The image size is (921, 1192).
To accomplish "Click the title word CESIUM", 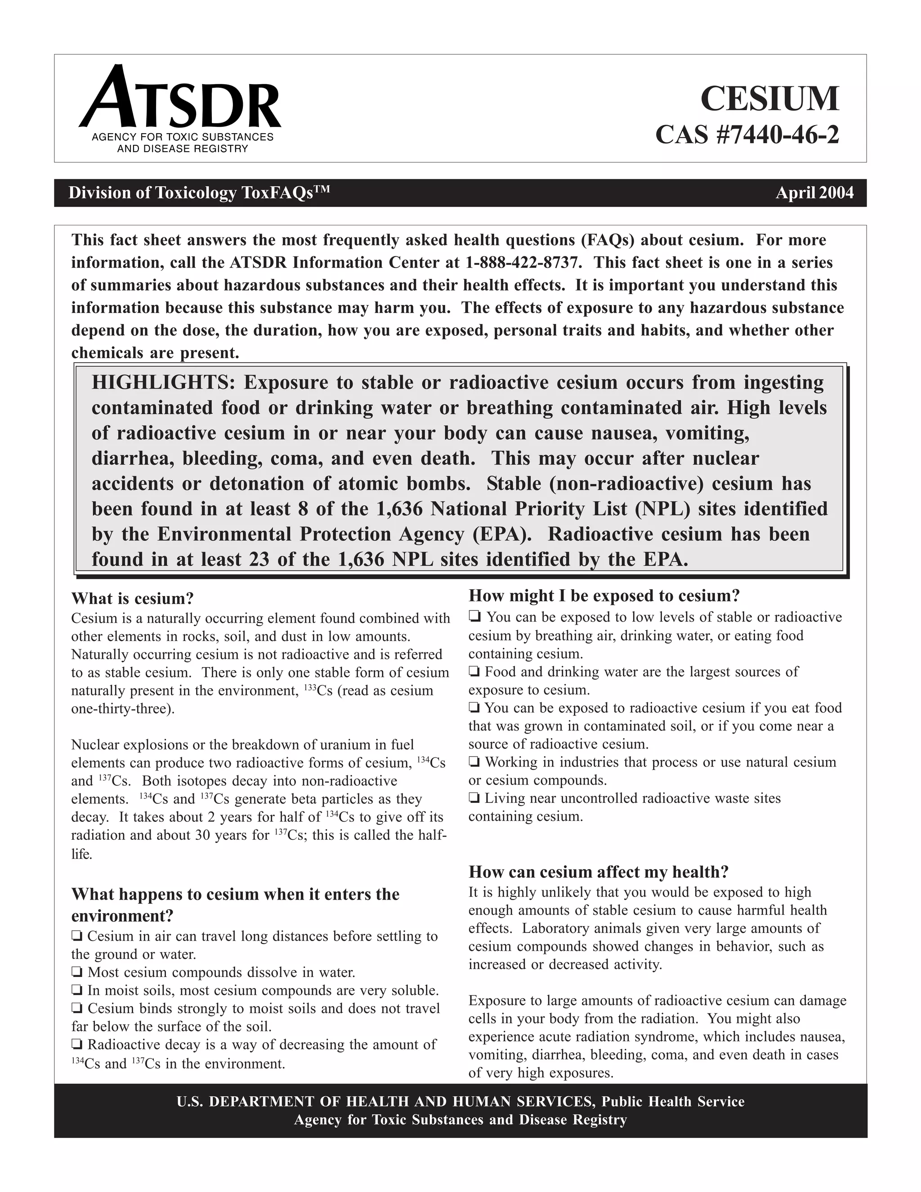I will tap(769, 99).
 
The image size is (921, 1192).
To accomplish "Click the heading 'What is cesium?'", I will tap(133, 598).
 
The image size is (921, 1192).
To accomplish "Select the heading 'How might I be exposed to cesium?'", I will tap(604, 596).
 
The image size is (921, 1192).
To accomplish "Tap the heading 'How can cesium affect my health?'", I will tap(599, 872).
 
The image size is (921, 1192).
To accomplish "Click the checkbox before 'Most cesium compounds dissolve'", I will tap(77, 972).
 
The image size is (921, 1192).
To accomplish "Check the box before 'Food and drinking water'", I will tap(474, 672).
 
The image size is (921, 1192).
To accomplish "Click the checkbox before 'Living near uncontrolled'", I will tap(474, 798).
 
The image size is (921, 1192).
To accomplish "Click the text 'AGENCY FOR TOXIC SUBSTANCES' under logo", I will tap(182, 137).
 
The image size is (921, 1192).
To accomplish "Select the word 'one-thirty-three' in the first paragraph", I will tap(122, 709).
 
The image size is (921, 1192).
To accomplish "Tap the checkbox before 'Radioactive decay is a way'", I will tap(77, 1044).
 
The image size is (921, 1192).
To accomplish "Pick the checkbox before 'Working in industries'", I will tap(474, 762).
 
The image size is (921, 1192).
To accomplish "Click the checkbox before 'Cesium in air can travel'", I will tap(77, 937).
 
